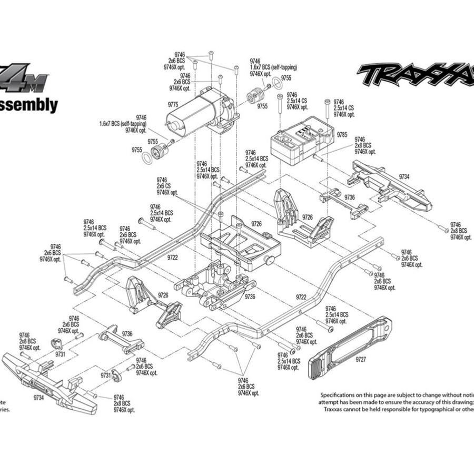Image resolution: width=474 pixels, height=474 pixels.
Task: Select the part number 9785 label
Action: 342,135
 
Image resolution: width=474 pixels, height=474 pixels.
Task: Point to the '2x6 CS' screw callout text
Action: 163,186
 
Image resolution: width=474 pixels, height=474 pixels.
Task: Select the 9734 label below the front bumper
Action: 38,398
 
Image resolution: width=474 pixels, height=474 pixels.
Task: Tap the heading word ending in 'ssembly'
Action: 29,105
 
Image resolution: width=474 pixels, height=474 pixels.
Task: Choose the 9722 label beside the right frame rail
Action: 301,297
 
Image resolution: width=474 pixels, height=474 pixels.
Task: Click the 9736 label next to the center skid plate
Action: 250,297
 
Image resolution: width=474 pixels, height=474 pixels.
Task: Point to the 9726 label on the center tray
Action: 256,224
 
